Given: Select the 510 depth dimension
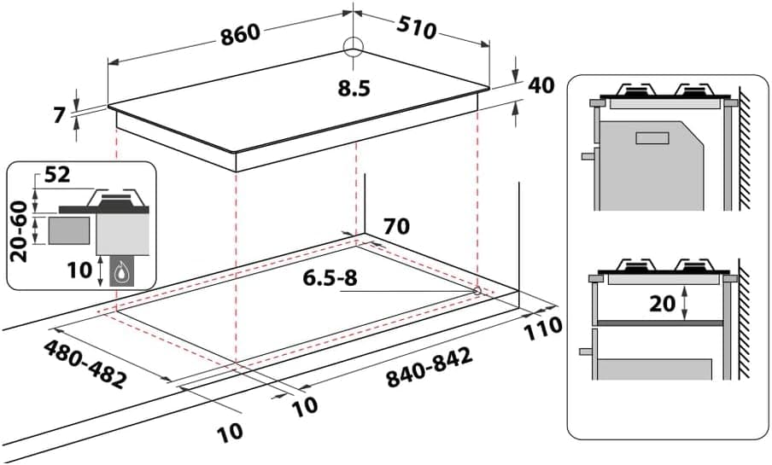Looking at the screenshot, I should pyautogui.click(x=416, y=27).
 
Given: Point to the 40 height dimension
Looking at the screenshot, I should pyautogui.click(x=541, y=85).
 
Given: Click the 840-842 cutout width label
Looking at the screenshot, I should pyautogui.click(x=430, y=369).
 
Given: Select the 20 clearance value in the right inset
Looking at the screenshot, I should pyautogui.click(x=664, y=303).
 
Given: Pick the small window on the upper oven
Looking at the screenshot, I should pyautogui.click(x=655, y=137).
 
